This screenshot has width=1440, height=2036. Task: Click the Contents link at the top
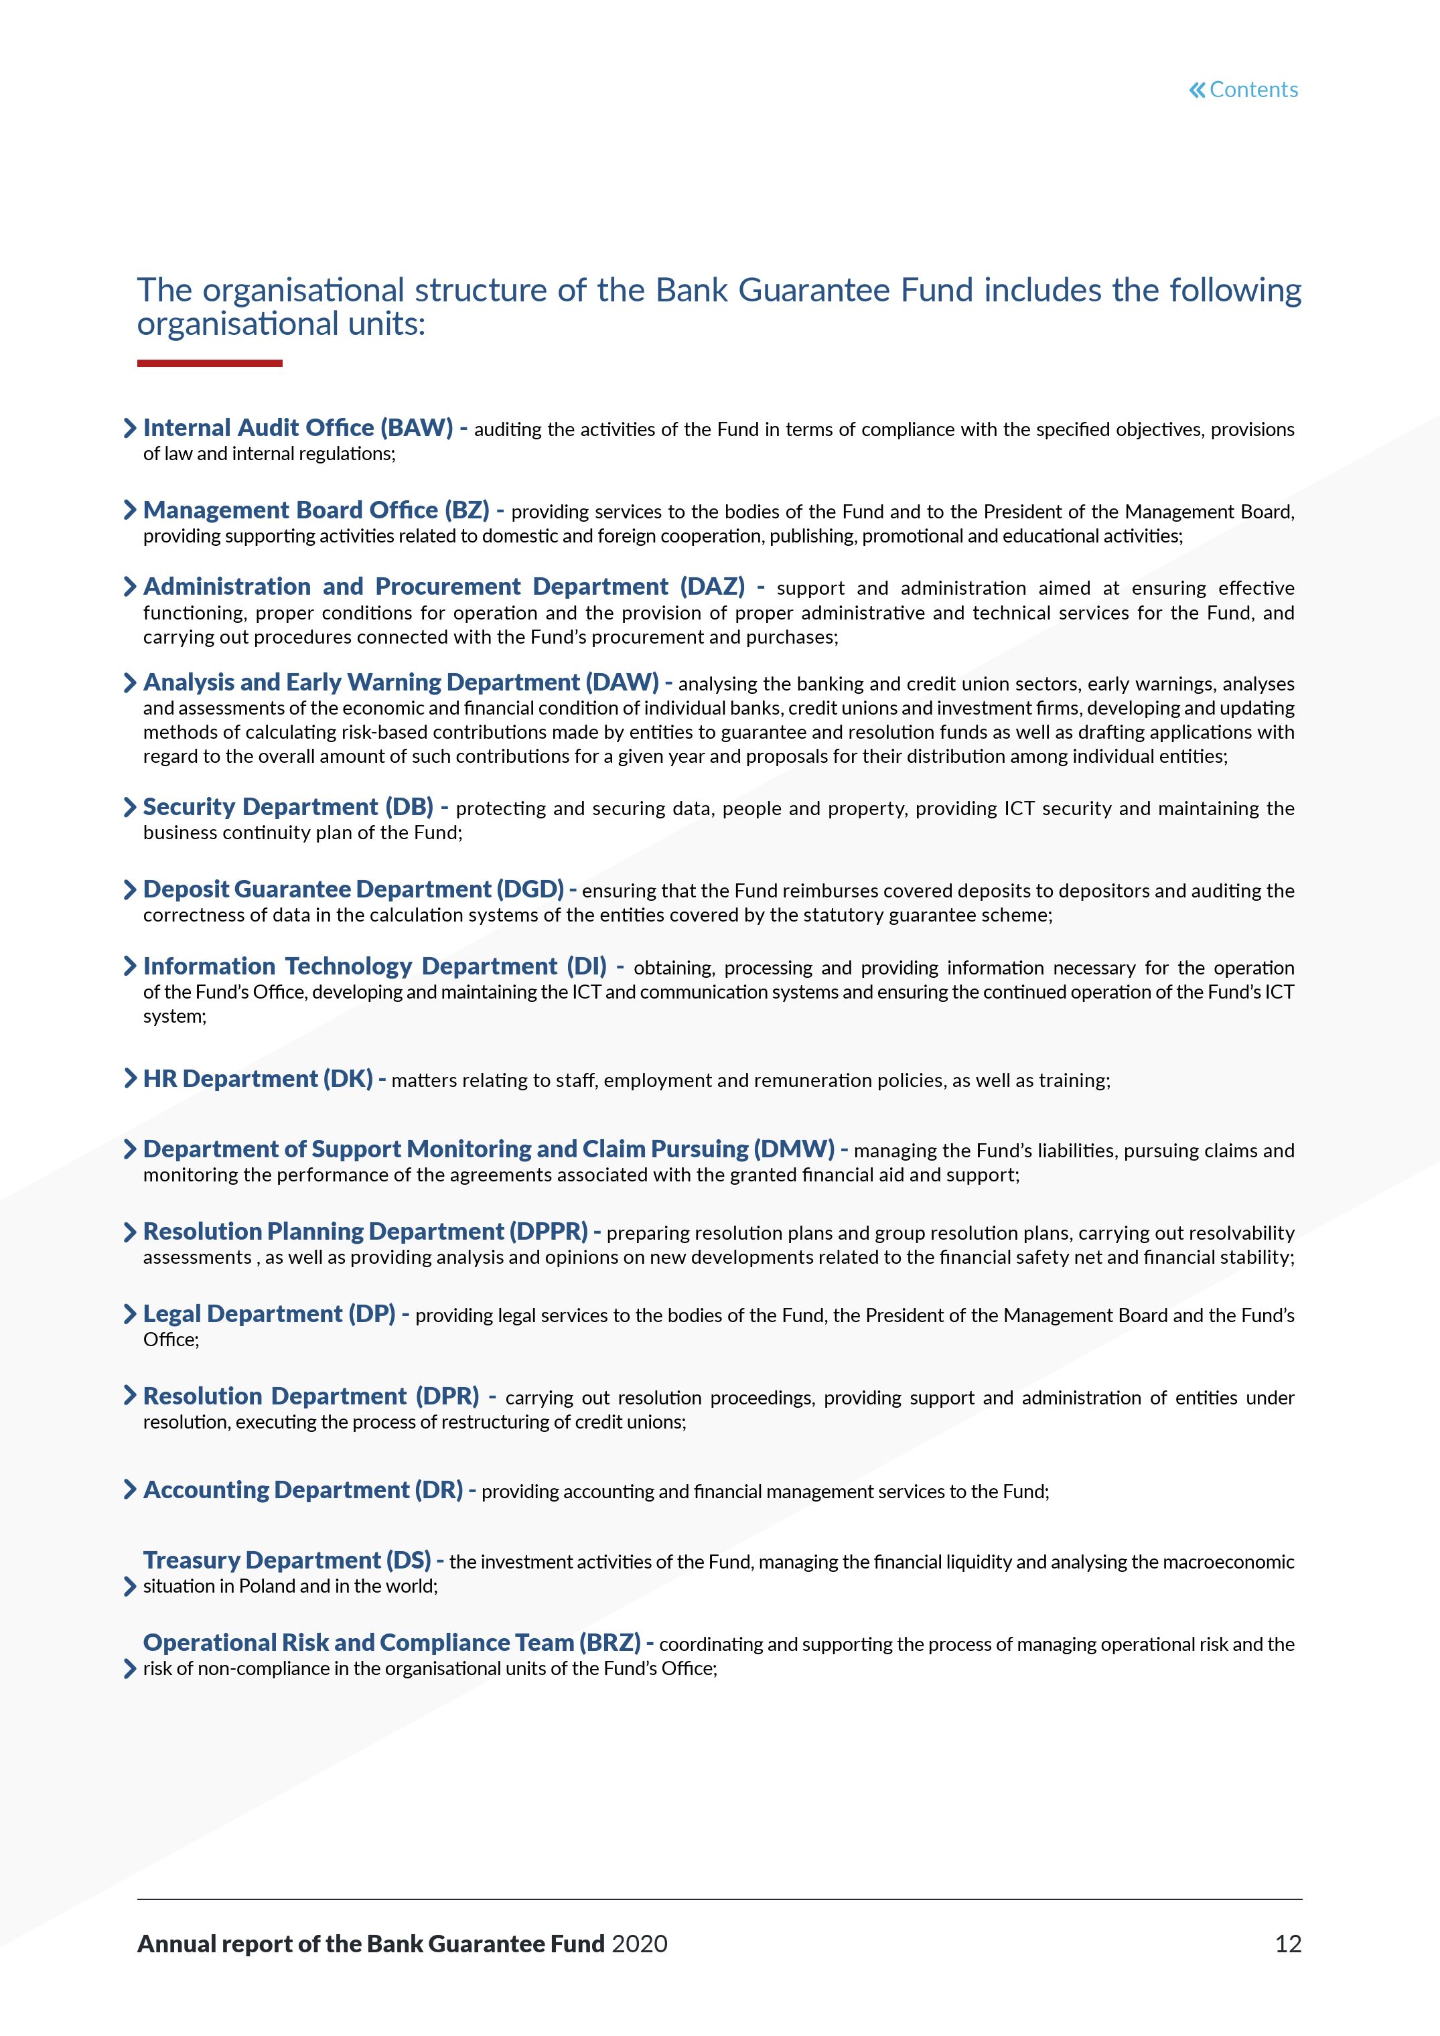tap(1243, 90)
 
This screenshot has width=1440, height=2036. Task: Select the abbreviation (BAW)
tap(417, 429)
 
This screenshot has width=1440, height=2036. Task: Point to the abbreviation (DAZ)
tap(712, 587)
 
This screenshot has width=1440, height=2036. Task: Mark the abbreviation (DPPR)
tap(548, 1232)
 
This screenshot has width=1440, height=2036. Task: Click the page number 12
tap(1287, 1944)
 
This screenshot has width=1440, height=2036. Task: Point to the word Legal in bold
tap(172, 1314)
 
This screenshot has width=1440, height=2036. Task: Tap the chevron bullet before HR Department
tap(129, 1078)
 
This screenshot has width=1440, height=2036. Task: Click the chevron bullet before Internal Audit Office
tap(129, 429)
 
